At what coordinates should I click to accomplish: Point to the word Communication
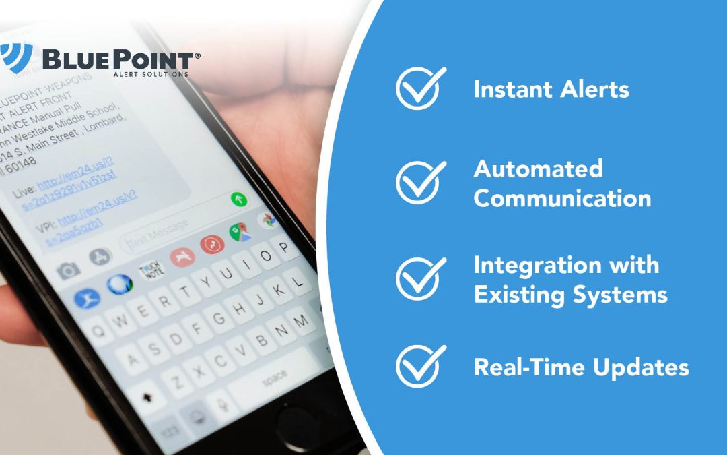tap(562, 198)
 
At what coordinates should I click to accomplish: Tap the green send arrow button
tap(239, 200)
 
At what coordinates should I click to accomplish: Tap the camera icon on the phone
tap(68, 270)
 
